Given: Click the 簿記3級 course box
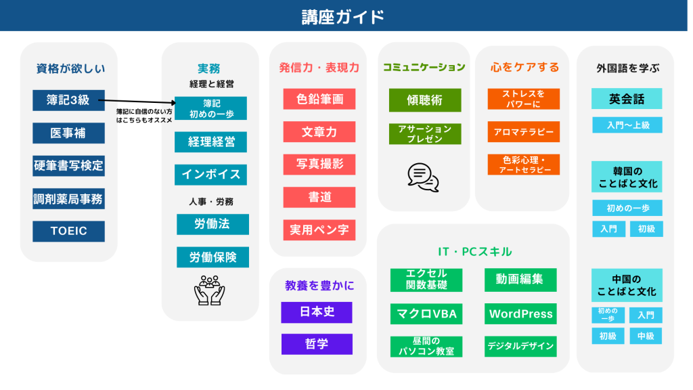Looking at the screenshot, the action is click(68, 100).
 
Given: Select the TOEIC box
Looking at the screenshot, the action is click(68, 232).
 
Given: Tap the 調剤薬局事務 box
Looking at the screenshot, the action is click(68, 199).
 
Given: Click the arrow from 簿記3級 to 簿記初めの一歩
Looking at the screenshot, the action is click(137, 102).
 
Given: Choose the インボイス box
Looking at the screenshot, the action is click(211, 175).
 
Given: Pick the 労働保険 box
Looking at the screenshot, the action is click(213, 257).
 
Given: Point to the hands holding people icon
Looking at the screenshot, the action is click(210, 290).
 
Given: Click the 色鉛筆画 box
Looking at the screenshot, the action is click(319, 99).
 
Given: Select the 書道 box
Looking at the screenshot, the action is click(319, 197).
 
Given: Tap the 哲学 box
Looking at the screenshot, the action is click(317, 344).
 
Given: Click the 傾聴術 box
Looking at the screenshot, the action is click(425, 100).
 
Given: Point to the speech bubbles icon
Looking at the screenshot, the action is click(424, 177).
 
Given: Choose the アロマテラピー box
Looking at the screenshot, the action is click(524, 132).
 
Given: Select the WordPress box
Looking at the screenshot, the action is click(520, 314).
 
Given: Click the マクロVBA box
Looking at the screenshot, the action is click(426, 314).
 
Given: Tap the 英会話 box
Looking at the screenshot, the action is click(627, 99).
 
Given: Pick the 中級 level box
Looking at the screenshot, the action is click(646, 336).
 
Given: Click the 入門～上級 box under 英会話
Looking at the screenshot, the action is click(627, 125).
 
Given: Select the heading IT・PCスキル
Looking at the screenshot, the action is click(474, 252).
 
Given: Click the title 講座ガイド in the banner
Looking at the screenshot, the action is click(343, 17).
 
